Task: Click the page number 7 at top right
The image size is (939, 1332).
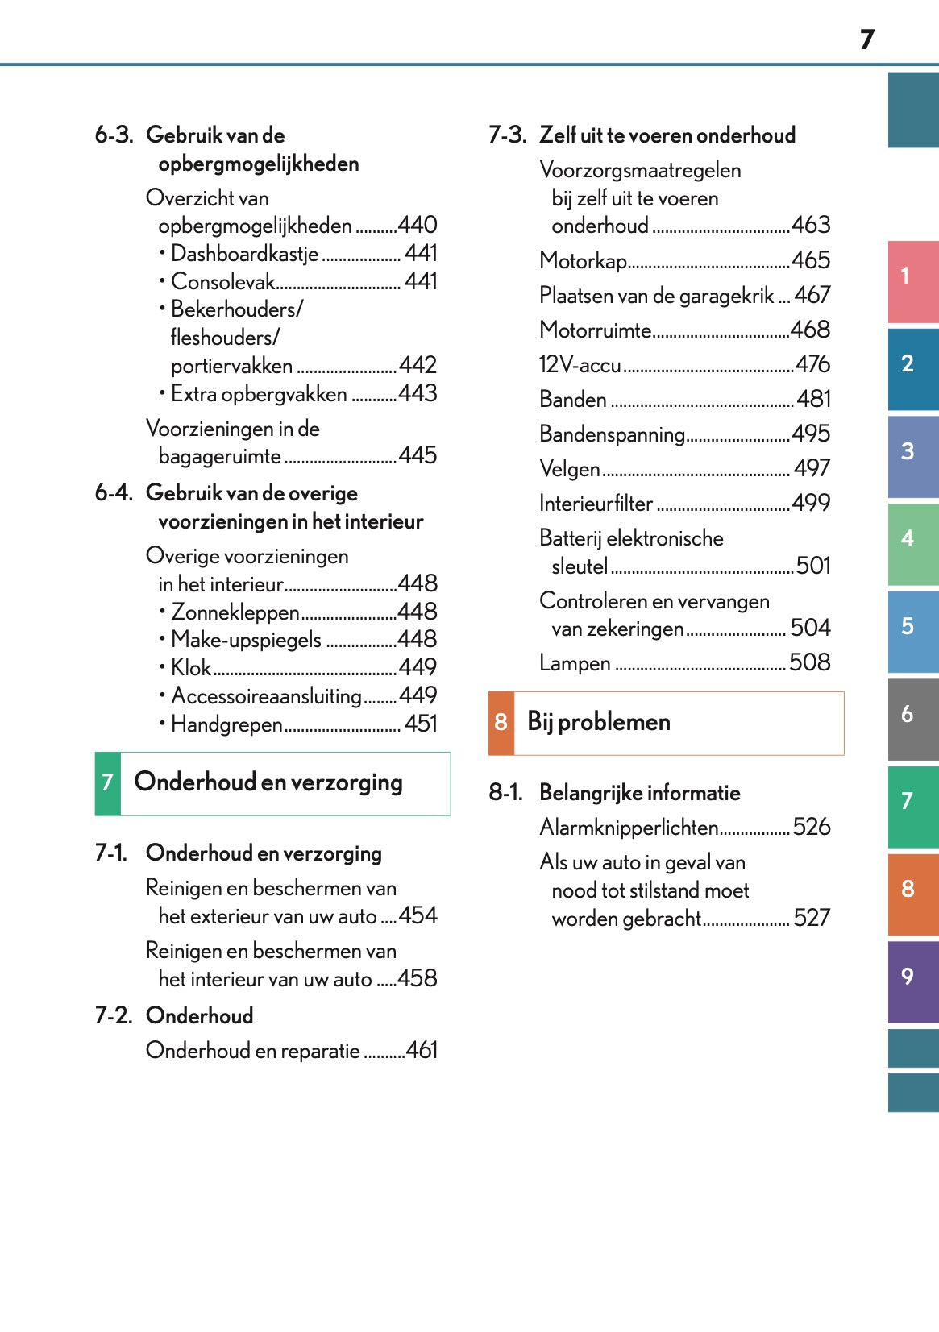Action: pos(866,39)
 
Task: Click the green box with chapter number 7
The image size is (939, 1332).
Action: pos(107,783)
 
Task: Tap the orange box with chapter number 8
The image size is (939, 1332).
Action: pos(501,723)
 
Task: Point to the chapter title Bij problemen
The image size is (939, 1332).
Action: pos(598,722)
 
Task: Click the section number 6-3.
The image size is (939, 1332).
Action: pos(113,135)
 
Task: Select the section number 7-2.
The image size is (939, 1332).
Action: pos(113,1015)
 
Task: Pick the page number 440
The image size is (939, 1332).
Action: pos(418,225)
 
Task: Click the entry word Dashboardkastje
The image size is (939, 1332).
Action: pos(245,254)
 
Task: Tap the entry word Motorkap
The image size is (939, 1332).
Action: pos(583,261)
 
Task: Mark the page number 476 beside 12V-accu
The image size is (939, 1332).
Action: pos(812,364)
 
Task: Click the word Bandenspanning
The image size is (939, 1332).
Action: pos(612,434)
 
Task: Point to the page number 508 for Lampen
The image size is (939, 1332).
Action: pos(809,662)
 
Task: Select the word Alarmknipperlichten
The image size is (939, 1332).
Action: pos(629,828)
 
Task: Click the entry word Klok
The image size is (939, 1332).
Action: pos(191,667)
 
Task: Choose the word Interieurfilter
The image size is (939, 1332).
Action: pos(596,504)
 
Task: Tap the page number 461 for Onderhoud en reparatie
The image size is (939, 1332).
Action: pos(422,1050)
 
